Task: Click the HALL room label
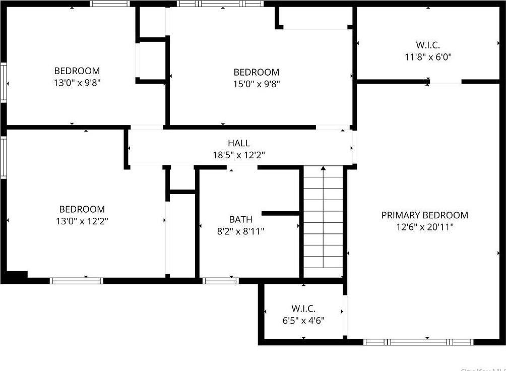(x=238, y=144)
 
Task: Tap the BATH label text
(x=240, y=219)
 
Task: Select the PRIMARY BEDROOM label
(x=424, y=215)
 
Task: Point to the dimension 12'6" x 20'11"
(x=424, y=227)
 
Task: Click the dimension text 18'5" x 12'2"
(x=238, y=155)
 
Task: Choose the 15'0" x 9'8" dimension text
(x=256, y=84)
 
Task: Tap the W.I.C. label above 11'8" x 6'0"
(x=428, y=45)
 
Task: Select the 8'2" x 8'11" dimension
(x=240, y=231)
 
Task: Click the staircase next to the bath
(x=323, y=222)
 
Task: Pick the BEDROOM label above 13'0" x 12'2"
(x=82, y=209)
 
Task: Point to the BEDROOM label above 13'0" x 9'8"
(x=77, y=71)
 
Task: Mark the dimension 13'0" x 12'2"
(x=82, y=221)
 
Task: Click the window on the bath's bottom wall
(x=220, y=281)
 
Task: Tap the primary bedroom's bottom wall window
(x=418, y=342)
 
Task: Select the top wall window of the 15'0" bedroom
(x=220, y=4)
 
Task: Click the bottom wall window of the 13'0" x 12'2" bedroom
(x=77, y=281)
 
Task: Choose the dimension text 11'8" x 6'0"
(x=428, y=57)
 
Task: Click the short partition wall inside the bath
(x=281, y=213)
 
